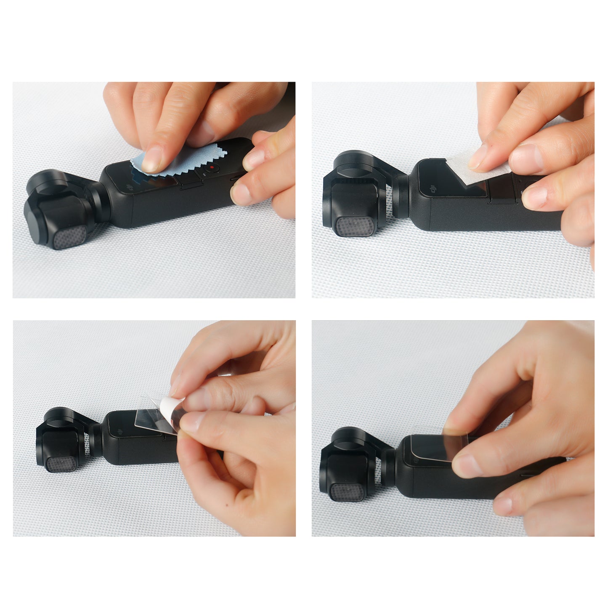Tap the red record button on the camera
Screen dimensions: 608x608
click(213, 167)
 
